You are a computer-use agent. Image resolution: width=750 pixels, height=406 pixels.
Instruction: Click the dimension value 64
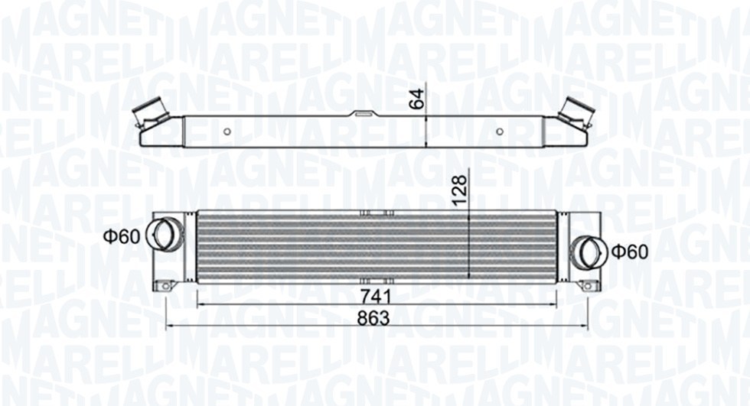tap(416, 99)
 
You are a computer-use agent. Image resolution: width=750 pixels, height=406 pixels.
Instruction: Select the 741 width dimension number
tap(375, 295)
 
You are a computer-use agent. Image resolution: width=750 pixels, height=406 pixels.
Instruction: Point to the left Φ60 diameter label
tap(122, 236)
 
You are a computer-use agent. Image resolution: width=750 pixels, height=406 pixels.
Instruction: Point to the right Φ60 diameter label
tap(629, 251)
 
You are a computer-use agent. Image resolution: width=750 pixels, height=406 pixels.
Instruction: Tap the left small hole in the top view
tap(227, 131)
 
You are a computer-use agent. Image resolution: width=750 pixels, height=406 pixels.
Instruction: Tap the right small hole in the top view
tap(500, 131)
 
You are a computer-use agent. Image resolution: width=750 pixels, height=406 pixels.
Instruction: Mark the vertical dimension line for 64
tap(426, 131)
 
